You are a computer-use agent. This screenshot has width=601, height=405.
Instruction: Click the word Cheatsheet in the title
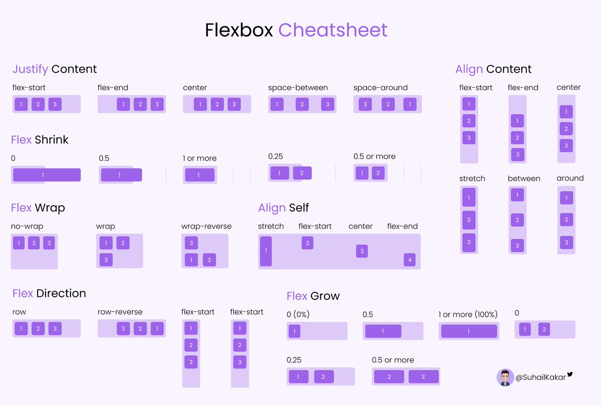click(x=333, y=30)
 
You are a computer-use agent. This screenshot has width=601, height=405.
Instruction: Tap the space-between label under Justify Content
click(x=298, y=88)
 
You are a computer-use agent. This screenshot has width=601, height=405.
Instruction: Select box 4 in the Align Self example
click(x=410, y=260)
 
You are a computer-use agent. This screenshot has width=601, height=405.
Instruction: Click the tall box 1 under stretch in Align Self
click(x=266, y=251)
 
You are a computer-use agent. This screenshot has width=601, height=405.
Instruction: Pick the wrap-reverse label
click(x=206, y=226)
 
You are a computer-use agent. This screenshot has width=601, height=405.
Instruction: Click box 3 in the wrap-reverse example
click(x=191, y=243)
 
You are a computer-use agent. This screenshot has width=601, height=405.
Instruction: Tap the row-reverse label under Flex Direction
click(x=120, y=312)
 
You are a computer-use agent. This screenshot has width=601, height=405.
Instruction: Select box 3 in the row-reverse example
click(x=123, y=328)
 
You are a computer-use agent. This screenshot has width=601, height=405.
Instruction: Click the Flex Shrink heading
click(x=40, y=140)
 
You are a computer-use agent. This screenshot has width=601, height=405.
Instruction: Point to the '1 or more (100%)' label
click(x=468, y=314)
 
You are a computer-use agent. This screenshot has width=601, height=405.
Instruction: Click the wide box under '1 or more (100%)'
click(x=469, y=331)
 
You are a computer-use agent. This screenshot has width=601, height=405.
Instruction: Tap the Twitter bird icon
click(x=570, y=374)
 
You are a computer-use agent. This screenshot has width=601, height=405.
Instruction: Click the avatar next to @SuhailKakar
click(x=505, y=377)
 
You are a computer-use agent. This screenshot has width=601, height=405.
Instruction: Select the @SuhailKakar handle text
click(x=540, y=377)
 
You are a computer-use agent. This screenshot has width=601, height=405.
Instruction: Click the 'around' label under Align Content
click(x=570, y=178)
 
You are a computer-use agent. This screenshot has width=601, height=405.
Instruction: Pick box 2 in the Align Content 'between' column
click(x=517, y=220)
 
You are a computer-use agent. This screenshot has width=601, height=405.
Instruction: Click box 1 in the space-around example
click(x=410, y=104)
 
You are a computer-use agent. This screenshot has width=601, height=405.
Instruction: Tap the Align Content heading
click(x=493, y=69)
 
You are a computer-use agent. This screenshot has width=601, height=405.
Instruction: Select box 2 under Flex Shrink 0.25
click(x=302, y=173)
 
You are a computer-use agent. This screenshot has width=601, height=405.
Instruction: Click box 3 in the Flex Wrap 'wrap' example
click(x=106, y=260)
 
